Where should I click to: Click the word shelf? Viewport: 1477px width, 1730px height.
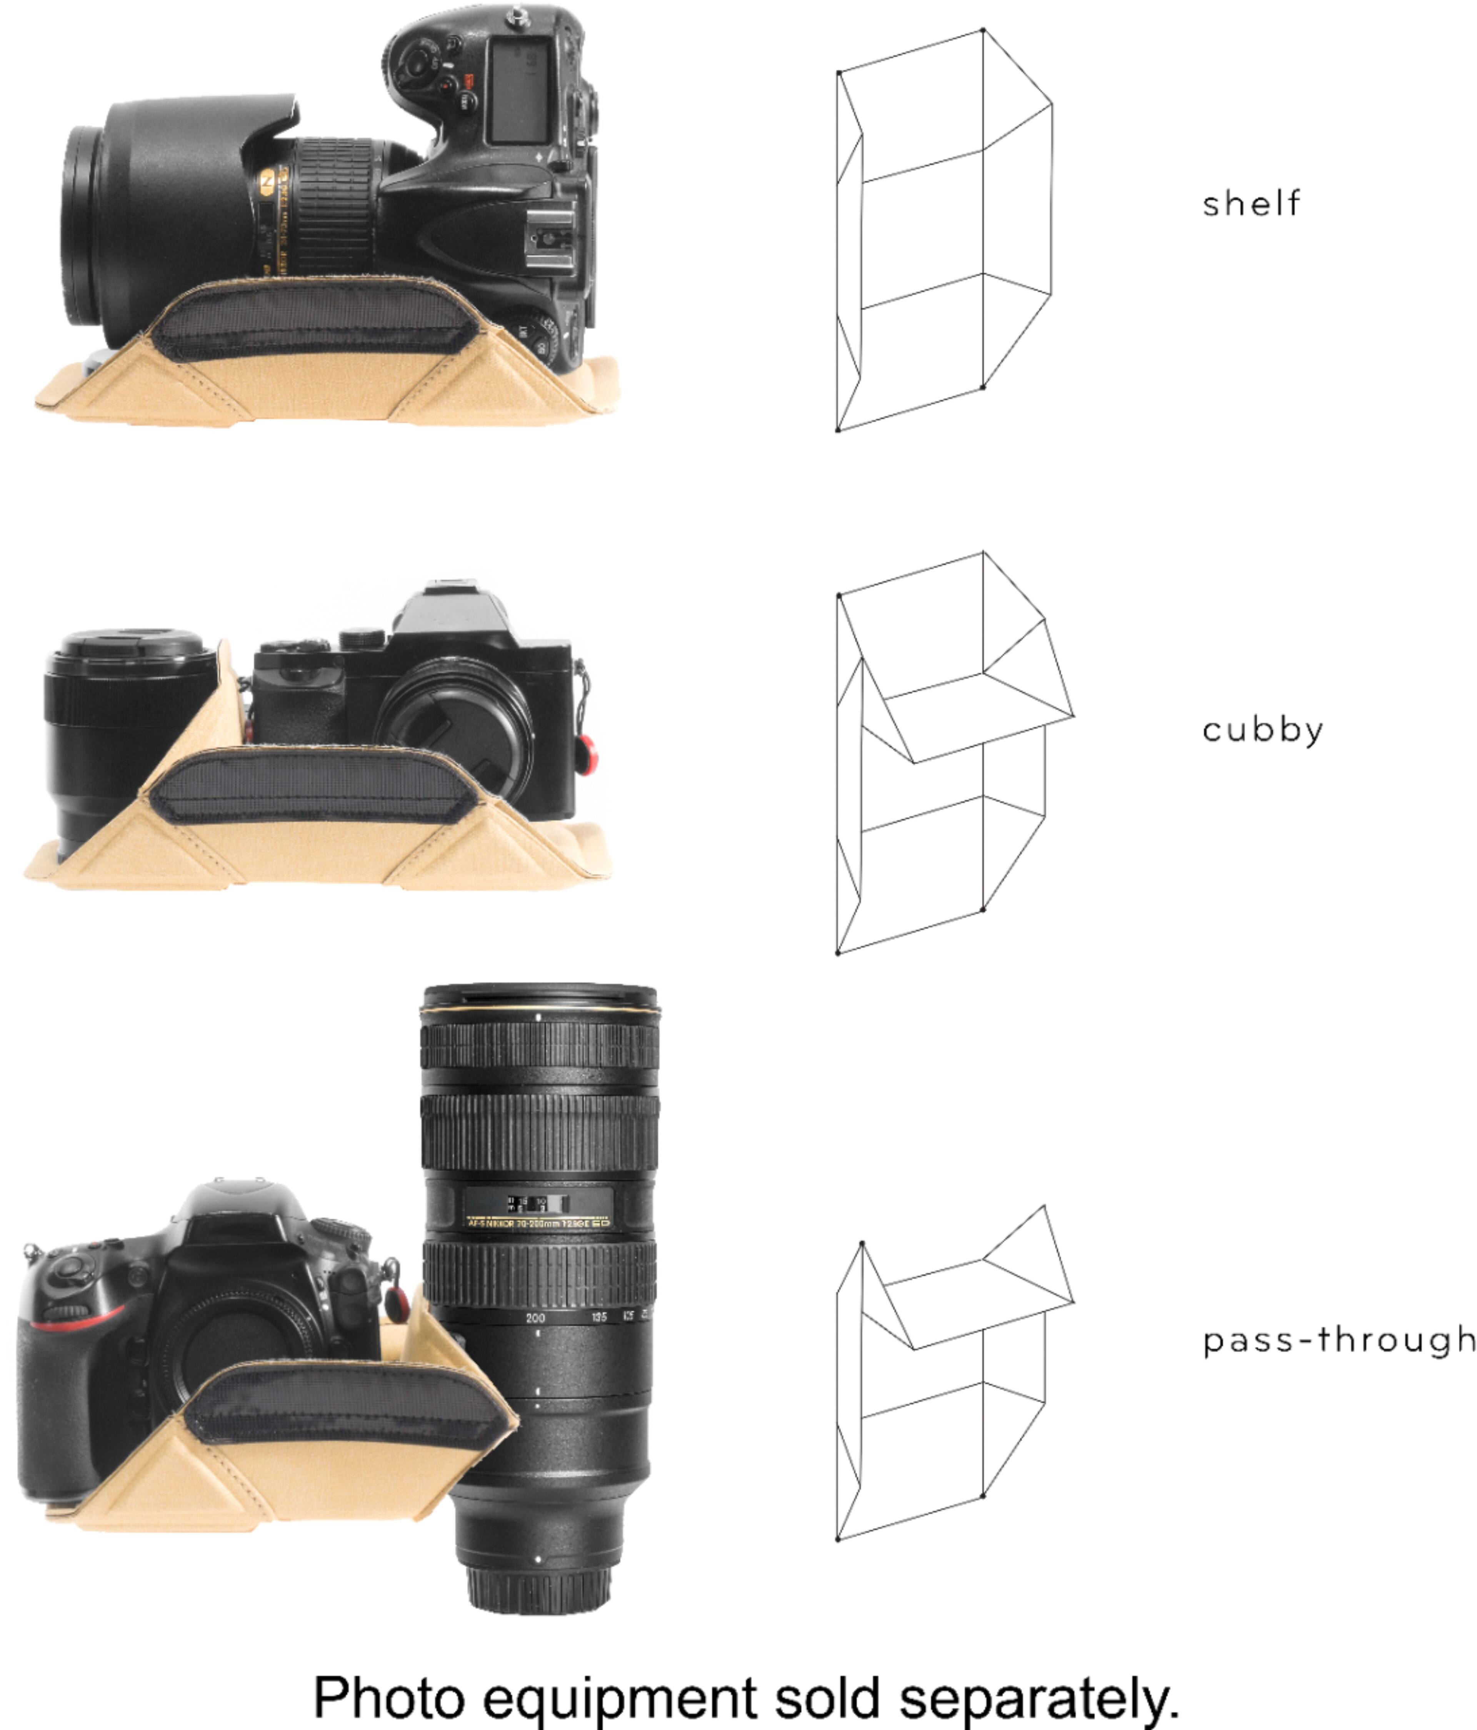(x=1251, y=203)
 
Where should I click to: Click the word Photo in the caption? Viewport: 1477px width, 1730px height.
(x=388, y=1694)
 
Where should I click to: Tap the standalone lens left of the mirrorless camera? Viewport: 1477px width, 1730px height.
(x=129, y=739)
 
